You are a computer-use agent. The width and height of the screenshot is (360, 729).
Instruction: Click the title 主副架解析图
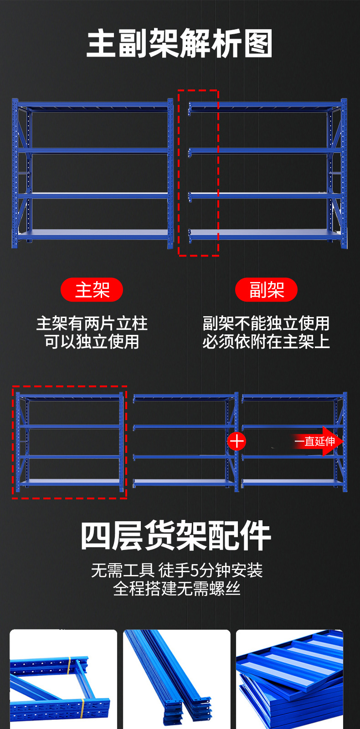(180, 43)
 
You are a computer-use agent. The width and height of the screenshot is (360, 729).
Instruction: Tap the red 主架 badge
(92, 290)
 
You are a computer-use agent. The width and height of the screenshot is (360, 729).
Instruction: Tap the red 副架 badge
(266, 290)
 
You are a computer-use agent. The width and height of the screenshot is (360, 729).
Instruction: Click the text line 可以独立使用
(92, 342)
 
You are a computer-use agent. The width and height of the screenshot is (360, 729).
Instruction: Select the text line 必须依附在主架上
(266, 342)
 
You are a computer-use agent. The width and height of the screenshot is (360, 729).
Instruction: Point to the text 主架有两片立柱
(92, 323)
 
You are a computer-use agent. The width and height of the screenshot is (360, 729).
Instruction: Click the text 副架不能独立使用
(266, 323)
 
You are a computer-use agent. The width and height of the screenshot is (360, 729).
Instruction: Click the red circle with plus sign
(237, 441)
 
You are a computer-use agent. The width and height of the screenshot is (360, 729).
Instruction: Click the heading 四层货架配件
(176, 536)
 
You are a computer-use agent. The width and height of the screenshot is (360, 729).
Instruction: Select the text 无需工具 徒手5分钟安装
(177, 570)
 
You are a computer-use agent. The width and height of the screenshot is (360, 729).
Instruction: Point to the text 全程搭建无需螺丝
(177, 589)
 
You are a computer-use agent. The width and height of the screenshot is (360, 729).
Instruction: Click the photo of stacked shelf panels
(289, 679)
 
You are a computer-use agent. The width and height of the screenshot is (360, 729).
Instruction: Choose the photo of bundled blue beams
(177, 679)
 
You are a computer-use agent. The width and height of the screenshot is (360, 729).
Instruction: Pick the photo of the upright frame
(63, 679)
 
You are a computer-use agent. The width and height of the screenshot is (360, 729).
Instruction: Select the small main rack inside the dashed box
(69, 441)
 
